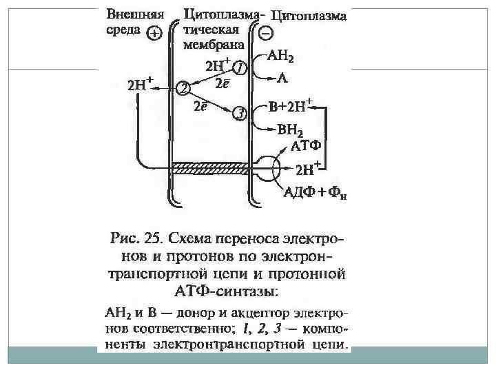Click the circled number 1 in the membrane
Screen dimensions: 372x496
pyautogui.click(x=239, y=68)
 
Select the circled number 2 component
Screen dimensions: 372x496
pyautogui.click(x=183, y=87)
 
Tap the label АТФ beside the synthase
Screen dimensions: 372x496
pyautogui.click(x=307, y=146)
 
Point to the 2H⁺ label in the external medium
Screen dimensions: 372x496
pyautogui.click(x=140, y=85)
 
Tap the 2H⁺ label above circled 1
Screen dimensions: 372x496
pyautogui.click(x=218, y=65)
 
